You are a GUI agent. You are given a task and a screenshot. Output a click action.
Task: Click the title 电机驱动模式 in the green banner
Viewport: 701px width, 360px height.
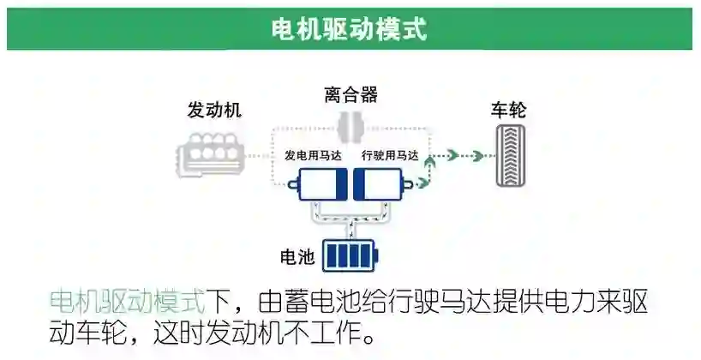coord(349,28)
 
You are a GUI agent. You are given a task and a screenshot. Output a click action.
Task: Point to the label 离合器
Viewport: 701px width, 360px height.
coord(350,94)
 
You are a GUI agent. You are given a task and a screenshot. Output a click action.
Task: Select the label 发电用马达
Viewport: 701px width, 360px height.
coord(314,156)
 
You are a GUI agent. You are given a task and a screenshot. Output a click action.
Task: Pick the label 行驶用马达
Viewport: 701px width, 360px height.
coord(390,156)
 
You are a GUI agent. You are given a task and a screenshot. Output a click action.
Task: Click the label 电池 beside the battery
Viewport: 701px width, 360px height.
coord(297,255)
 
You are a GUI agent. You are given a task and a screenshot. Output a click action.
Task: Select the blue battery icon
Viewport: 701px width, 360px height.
coord(350,255)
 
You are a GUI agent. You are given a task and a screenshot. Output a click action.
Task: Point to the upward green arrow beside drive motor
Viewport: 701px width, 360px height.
coord(429,166)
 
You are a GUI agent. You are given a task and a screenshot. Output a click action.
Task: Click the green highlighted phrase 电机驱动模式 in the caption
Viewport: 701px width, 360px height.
coord(128,303)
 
